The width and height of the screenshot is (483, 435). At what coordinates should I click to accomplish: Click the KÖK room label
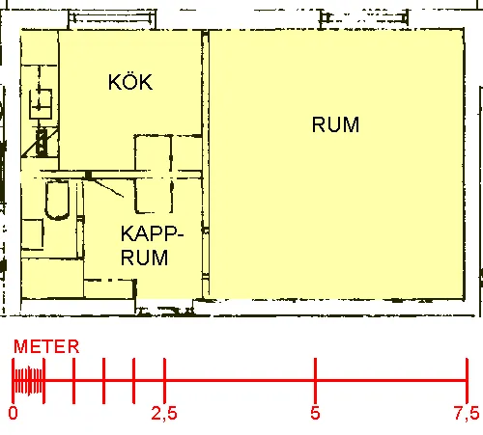[130, 81]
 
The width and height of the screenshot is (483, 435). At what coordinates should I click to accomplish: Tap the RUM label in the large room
[335, 124]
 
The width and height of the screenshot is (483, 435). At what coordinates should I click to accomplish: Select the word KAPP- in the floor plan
[152, 233]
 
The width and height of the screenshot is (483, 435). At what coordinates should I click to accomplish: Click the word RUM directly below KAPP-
[144, 258]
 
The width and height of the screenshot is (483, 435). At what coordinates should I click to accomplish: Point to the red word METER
[46, 346]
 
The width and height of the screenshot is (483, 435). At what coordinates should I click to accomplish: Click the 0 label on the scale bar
[13, 413]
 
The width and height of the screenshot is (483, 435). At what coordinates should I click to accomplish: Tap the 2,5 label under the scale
[164, 413]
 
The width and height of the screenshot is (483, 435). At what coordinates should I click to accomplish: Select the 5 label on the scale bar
[315, 413]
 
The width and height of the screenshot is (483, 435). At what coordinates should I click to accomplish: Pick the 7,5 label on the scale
[467, 413]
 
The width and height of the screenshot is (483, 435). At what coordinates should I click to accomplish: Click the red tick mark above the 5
[315, 380]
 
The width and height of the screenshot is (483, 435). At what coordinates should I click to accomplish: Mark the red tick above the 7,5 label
[467, 380]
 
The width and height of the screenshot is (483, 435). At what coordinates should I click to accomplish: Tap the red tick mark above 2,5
[164, 380]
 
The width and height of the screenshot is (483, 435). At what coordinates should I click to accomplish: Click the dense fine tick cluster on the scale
[28, 380]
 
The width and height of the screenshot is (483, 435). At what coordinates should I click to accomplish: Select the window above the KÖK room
[112, 18]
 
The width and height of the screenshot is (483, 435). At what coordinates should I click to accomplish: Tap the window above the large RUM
[364, 17]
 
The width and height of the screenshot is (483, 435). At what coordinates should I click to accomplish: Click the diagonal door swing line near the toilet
[108, 188]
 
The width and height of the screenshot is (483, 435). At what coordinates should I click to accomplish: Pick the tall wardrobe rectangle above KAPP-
[153, 175]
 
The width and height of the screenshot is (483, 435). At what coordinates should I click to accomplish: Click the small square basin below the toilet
[32, 234]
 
